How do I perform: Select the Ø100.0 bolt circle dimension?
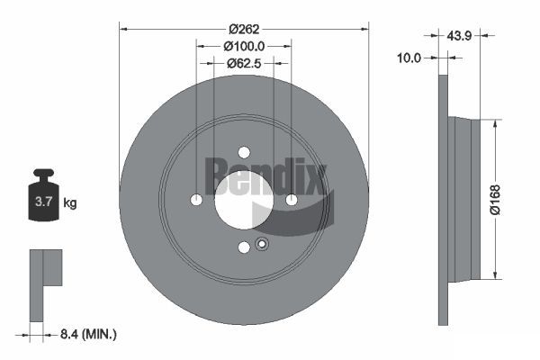(x=244, y=44)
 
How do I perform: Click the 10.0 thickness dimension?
(x=409, y=58)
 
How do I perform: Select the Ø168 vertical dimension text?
(x=508, y=198)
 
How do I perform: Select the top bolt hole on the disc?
(x=244, y=152)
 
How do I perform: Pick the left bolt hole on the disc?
(x=197, y=200)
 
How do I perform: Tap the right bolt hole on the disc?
(x=292, y=200)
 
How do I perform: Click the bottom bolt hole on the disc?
(x=244, y=247)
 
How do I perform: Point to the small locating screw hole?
(x=262, y=243)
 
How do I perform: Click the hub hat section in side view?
(x=463, y=198)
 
